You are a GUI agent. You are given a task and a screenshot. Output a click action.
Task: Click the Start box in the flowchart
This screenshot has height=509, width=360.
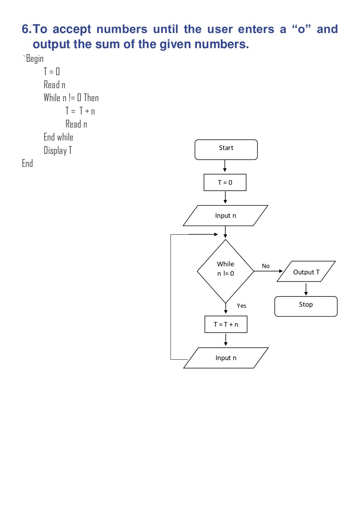(x=226, y=150)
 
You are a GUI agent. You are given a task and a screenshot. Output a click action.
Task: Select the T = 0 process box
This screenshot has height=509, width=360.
(x=225, y=182)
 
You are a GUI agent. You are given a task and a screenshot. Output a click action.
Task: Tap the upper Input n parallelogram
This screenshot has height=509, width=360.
(x=225, y=216)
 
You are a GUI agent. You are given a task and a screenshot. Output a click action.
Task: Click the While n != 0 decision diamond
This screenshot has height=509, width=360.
(x=225, y=271)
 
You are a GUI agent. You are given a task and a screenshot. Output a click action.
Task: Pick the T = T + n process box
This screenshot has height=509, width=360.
(x=226, y=324)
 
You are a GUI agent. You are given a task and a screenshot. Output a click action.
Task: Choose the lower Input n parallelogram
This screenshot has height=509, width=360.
(x=226, y=358)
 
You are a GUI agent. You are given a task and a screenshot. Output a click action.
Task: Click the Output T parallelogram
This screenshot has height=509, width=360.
(x=306, y=272)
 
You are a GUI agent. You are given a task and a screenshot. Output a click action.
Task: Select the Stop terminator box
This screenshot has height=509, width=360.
(x=306, y=306)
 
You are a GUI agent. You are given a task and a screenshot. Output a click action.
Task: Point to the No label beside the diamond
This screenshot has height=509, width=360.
(x=266, y=266)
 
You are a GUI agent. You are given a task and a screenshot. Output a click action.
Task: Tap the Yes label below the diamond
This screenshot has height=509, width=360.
(x=242, y=306)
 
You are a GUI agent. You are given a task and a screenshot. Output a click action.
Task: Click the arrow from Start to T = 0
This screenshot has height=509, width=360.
(x=225, y=166)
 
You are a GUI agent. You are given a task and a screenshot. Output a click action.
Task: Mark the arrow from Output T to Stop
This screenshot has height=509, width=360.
(x=306, y=289)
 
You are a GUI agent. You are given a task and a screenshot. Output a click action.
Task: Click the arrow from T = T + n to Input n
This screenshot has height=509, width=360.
(x=226, y=340)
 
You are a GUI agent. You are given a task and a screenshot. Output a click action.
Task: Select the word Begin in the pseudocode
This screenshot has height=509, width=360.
(x=35, y=59)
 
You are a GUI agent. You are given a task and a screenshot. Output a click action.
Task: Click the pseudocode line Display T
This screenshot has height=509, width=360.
(x=58, y=151)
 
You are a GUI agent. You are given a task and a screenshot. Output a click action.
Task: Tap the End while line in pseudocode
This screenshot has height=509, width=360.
(x=58, y=137)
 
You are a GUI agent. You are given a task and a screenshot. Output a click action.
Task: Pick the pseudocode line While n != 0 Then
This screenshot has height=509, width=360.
(x=71, y=98)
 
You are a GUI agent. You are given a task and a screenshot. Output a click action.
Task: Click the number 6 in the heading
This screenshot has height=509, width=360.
(x=25, y=29)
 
